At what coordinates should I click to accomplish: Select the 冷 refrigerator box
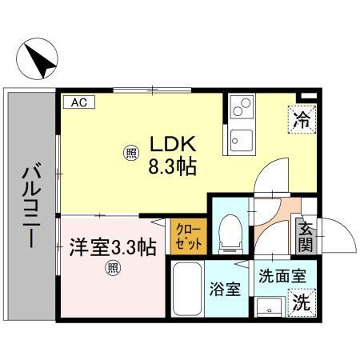pyautogui.click(x=302, y=121)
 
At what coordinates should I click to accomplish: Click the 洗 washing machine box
pyautogui.click(x=302, y=303)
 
